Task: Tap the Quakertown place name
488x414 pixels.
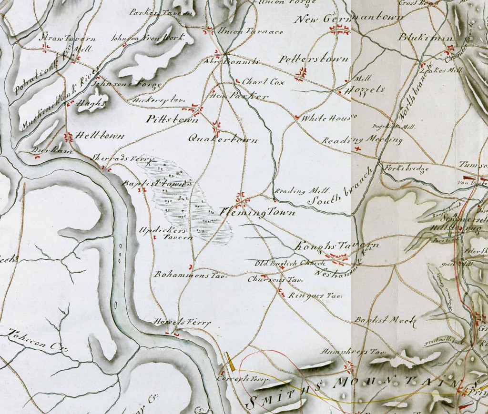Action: [223, 140]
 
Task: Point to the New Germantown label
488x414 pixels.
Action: [350, 19]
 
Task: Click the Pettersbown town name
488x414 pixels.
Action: [314, 59]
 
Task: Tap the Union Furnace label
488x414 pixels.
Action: [250, 32]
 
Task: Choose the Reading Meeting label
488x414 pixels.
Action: [362, 140]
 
